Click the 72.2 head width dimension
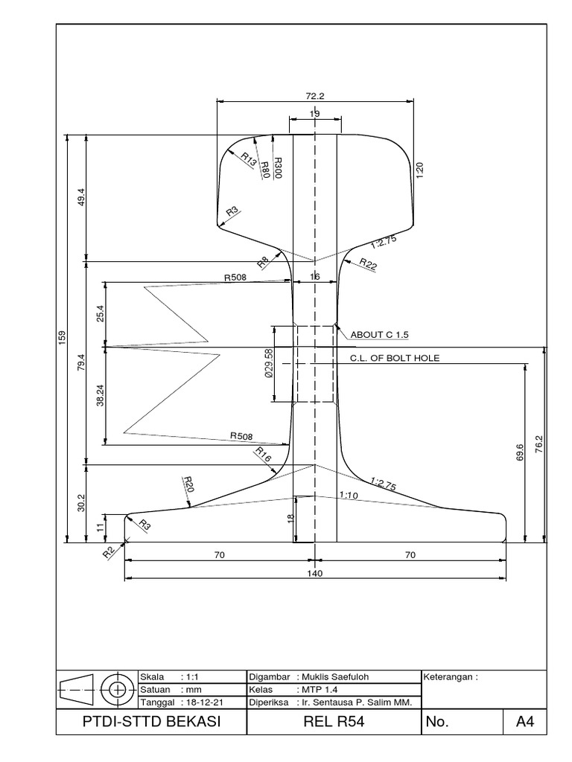pos(315,96)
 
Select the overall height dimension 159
pos(62,339)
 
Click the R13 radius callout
pos(248,159)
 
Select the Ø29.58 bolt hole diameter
pos(269,363)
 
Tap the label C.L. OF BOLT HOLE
pos(395,358)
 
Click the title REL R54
pos(334,721)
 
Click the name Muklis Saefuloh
pos(334,676)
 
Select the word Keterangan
pos(447,676)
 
